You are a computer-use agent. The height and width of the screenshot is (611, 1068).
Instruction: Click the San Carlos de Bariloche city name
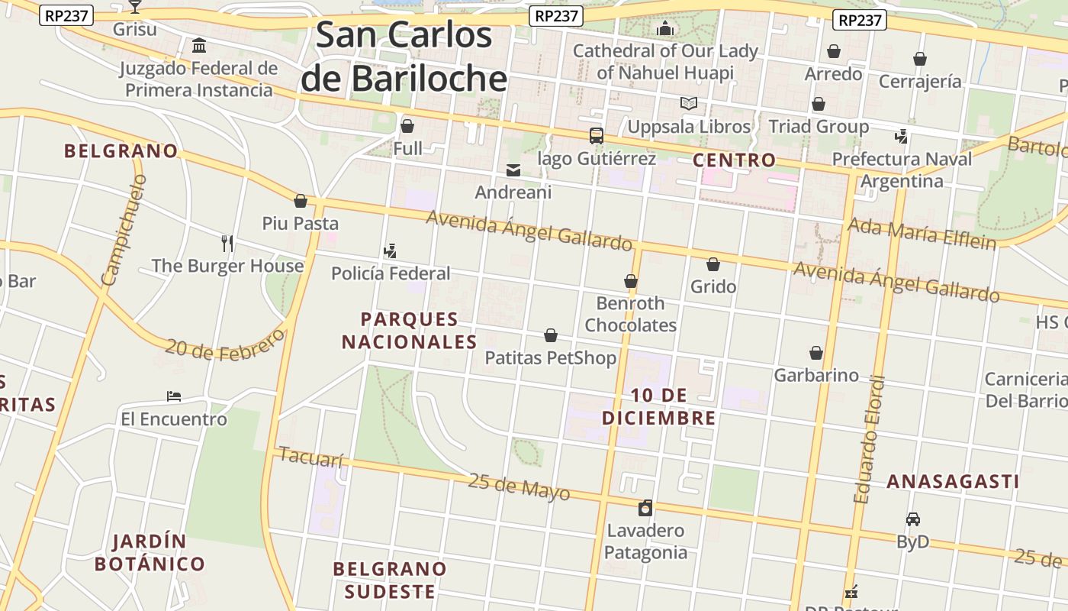pos(404,57)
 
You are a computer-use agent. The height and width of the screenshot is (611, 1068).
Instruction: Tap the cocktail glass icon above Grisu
pos(135,7)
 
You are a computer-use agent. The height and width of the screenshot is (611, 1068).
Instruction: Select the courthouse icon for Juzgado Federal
pos(199,46)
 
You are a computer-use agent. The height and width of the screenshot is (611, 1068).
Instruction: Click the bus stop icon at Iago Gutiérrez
pos(597,136)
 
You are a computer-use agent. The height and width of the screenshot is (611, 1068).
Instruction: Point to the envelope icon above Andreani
pos(513,170)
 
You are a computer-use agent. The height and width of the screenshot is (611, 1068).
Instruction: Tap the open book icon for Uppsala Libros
pos(689,103)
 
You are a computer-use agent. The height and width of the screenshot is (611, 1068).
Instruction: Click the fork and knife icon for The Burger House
pos(227,244)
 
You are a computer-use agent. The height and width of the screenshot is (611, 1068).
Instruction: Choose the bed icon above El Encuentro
pos(174,396)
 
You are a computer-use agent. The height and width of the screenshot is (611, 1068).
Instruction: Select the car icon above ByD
pos(912,519)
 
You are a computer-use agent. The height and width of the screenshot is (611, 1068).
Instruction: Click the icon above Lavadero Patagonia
pos(645,508)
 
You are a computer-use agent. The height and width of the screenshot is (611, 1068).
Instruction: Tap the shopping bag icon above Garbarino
pos(816,353)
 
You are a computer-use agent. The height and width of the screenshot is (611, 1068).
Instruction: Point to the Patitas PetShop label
pos(550,357)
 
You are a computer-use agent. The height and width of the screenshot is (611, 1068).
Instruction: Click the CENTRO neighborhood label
pos(734,160)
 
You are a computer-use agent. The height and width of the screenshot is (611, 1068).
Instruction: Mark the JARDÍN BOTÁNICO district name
pos(150,553)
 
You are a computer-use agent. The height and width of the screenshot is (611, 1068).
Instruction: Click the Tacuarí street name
pos(311,457)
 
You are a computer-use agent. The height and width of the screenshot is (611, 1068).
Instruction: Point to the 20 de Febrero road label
pos(225,346)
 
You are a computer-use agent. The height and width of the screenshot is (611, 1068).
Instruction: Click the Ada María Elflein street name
pos(922,233)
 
